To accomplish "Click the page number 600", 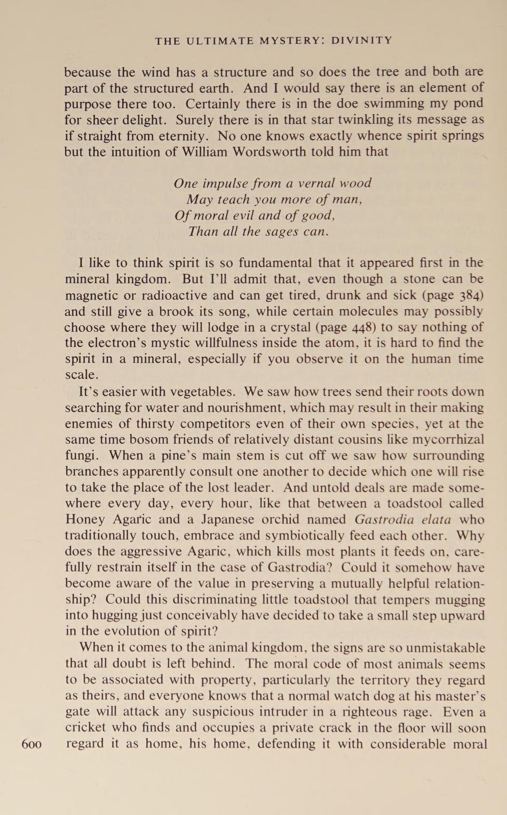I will (x=31, y=744).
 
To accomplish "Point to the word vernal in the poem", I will (x=317, y=183).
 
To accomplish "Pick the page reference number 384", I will (x=472, y=295).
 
